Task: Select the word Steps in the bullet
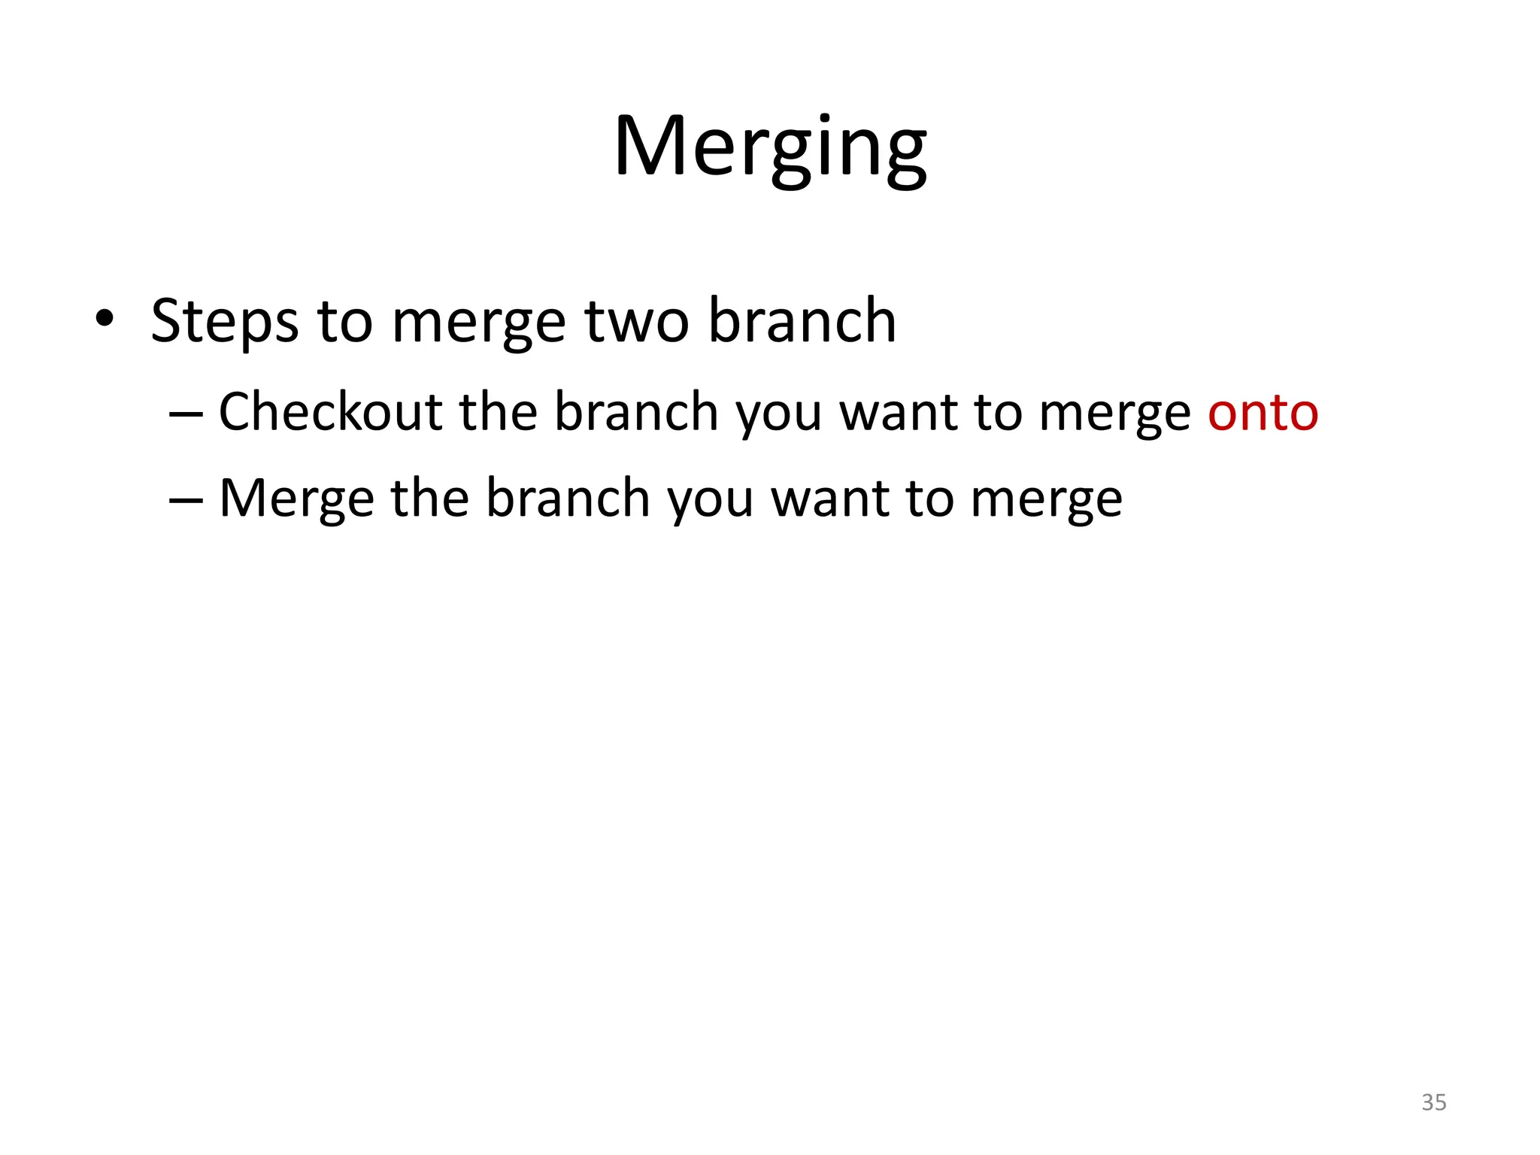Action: click(224, 322)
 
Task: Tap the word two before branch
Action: click(637, 322)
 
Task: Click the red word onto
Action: click(1263, 413)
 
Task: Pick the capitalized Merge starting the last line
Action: click(296, 499)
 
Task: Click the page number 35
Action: click(1433, 1102)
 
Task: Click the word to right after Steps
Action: click(344, 322)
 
